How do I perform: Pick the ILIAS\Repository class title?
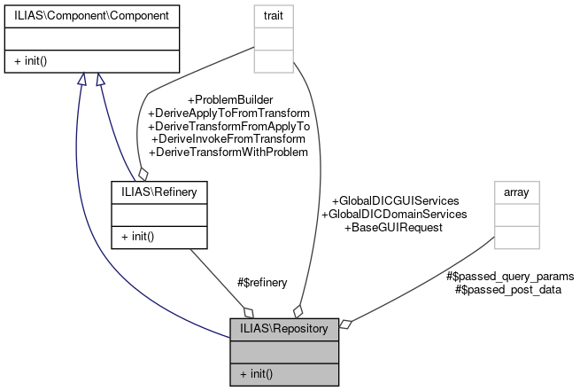tap(284, 329)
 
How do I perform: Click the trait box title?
tap(275, 15)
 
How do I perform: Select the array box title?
tap(516, 191)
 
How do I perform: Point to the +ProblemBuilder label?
tap(229, 100)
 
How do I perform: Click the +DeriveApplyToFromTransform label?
tap(229, 113)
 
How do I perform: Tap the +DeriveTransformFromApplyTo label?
tap(229, 127)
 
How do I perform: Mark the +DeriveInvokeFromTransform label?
tap(229, 139)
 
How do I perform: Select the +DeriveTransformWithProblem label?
tap(229, 152)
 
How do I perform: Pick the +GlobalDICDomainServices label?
tap(394, 214)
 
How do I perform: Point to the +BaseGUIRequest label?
tap(394, 227)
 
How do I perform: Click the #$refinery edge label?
tap(263, 283)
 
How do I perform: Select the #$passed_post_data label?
tap(507, 289)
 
